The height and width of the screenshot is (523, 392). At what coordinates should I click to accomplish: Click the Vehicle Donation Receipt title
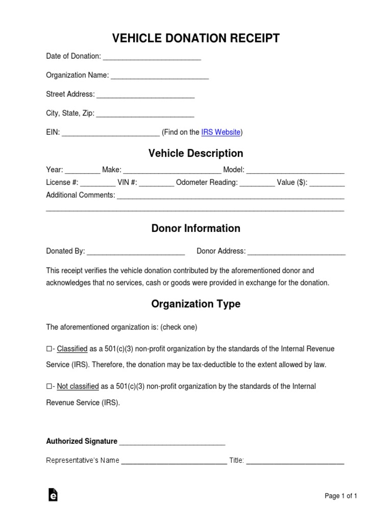[x=195, y=39]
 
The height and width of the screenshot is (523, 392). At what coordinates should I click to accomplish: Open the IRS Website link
[x=220, y=132]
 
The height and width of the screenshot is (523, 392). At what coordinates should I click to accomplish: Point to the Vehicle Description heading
[x=195, y=153]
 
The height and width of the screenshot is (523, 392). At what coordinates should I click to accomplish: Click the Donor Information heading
[x=195, y=228]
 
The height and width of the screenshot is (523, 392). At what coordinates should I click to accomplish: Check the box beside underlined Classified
[x=49, y=349]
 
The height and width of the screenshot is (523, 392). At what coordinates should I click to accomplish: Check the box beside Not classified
[x=49, y=387]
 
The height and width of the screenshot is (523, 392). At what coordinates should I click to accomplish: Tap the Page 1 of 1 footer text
[x=341, y=496]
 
